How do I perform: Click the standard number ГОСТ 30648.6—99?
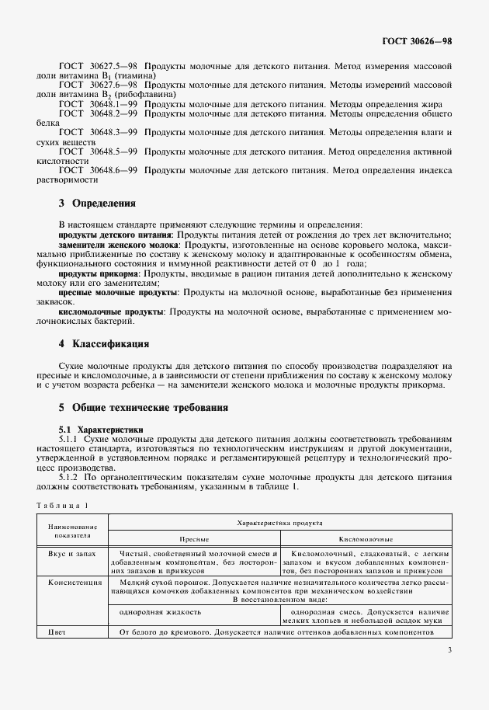coord(98,170)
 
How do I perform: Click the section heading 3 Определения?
coord(97,204)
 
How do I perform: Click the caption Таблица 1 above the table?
coord(63,506)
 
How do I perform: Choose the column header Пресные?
coord(195,537)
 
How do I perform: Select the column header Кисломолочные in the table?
coord(366,537)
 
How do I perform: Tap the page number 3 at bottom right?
coord(449,651)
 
